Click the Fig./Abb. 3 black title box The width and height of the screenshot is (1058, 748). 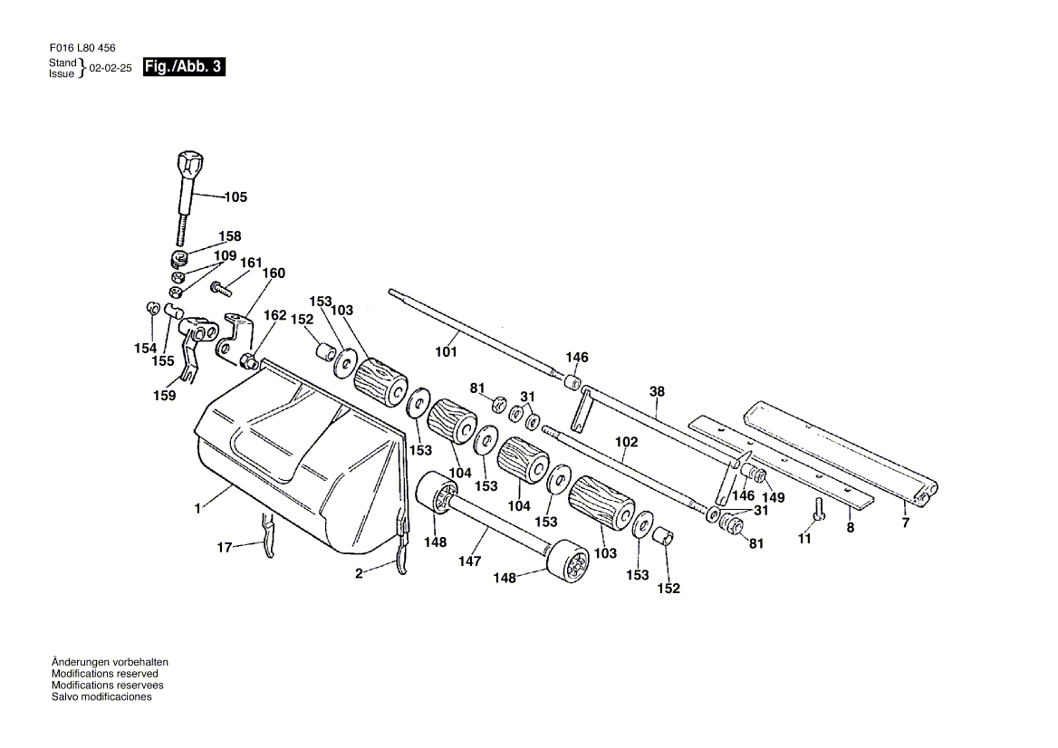point(184,67)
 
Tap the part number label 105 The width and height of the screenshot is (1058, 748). point(236,197)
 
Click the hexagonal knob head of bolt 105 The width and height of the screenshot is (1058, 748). point(188,164)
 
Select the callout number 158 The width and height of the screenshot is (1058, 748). point(230,236)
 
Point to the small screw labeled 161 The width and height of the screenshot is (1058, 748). point(221,289)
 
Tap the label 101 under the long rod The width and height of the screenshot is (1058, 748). point(446,351)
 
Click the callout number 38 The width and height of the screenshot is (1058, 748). point(658,391)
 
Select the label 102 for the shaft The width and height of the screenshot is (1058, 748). point(626,442)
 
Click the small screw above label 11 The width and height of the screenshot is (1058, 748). point(821,509)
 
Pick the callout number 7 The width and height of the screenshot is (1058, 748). point(906,523)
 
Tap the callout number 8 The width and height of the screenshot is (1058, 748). point(851,527)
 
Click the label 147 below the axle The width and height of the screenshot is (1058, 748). point(469,561)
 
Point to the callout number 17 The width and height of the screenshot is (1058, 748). point(224,548)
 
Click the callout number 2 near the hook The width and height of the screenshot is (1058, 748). point(359,573)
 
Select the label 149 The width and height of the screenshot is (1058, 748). point(774,498)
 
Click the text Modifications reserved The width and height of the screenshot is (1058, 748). point(104,674)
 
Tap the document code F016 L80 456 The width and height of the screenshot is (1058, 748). point(82,48)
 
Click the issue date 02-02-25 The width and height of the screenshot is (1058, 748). point(111,68)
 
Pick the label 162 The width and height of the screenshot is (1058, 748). point(274,315)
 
